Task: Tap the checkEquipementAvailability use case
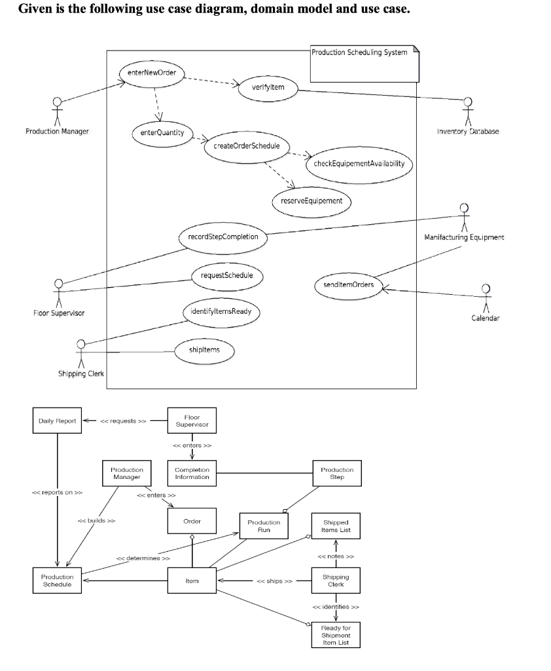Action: pyautogui.click(x=359, y=164)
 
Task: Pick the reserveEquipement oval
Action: pyautogui.click(x=311, y=200)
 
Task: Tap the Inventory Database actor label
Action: pyautogui.click(x=467, y=131)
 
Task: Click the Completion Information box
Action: pyautogui.click(x=192, y=473)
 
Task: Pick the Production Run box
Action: pyautogui.click(x=264, y=526)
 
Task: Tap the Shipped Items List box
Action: pyautogui.click(x=336, y=526)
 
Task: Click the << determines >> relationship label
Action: pyautogui.click(x=143, y=558)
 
